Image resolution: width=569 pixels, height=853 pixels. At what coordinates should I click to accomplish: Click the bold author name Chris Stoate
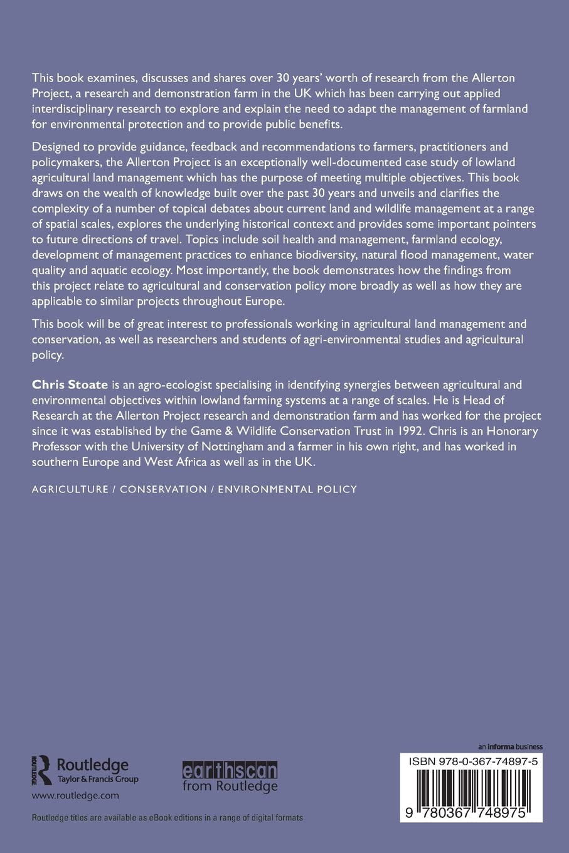[70, 384]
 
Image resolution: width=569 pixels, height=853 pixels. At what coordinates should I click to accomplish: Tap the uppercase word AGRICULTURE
[70, 489]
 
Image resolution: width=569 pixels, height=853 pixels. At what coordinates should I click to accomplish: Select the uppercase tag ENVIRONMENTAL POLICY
[287, 489]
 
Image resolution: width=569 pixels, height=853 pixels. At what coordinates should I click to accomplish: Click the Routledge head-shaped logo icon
[41, 770]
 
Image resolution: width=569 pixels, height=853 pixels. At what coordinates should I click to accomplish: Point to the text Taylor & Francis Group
[98, 780]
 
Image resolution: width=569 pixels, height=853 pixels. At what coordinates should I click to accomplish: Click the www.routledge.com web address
[75, 795]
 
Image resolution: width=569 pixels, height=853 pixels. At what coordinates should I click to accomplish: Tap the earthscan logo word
[230, 770]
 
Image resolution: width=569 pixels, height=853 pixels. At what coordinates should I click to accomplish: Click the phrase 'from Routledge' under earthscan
[230, 786]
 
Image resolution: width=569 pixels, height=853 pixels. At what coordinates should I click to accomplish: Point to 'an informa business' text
[510, 746]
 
